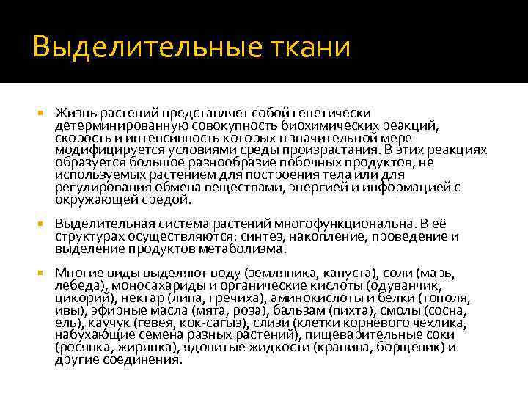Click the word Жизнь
tap(72, 113)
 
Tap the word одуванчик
tap(400, 285)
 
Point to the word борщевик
tap(408, 347)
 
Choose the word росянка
tap(79, 348)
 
